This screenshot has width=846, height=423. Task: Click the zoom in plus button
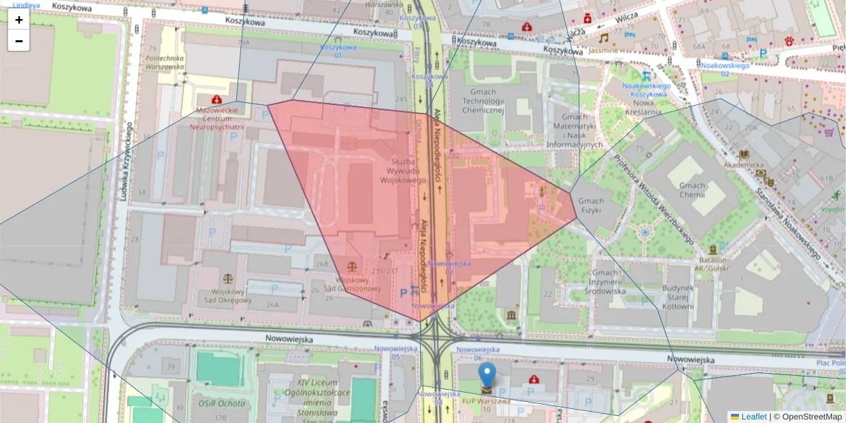(x=18, y=20)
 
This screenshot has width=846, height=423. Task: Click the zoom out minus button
(x=18, y=41)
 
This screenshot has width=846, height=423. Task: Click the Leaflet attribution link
(x=753, y=417)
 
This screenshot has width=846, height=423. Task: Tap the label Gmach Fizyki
(x=591, y=205)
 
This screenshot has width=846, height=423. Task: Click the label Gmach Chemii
(x=692, y=190)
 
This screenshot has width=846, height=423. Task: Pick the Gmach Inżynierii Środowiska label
(x=609, y=281)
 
